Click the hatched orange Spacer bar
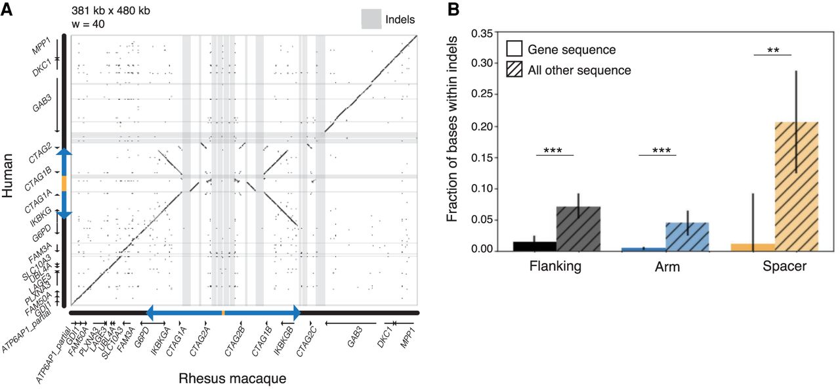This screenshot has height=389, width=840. (797, 187)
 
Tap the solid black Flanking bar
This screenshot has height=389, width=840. (535, 246)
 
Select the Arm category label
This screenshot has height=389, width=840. (666, 268)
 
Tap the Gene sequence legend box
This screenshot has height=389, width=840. (514, 49)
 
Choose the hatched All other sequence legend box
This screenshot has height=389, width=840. (514, 69)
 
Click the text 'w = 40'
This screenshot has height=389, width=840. (88, 24)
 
